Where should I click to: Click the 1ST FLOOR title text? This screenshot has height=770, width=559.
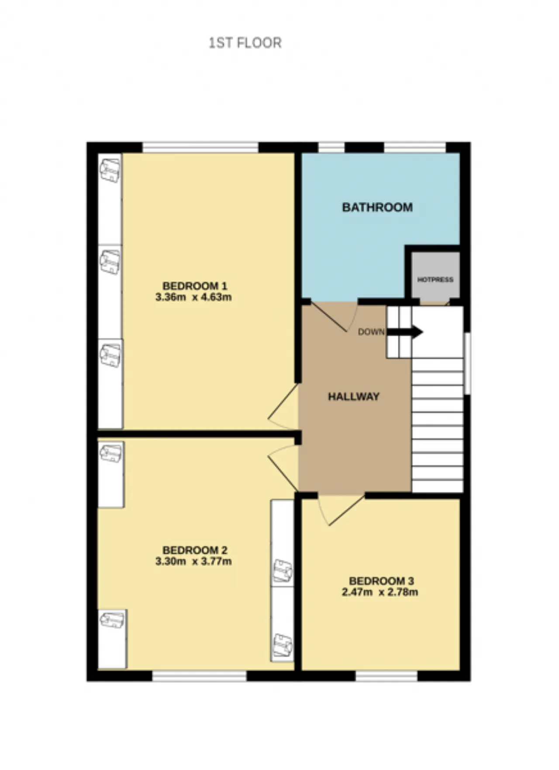tap(245, 43)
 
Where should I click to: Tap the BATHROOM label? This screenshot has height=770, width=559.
tap(377, 207)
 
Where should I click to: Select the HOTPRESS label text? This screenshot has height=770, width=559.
tap(435, 279)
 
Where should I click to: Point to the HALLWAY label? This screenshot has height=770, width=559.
tap(354, 397)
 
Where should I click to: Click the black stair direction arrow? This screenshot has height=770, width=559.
tap(405, 332)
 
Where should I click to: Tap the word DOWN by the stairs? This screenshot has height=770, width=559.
tap(371, 332)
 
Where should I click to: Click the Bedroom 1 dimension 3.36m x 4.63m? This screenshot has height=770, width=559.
tap(193, 297)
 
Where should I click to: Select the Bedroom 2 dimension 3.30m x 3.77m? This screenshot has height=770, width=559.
tap(193, 561)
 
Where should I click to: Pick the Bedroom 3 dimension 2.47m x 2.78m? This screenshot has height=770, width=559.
tap(380, 592)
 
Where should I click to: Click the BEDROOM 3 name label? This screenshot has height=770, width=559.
tap(381, 581)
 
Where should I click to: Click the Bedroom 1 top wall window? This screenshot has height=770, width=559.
tap(200, 147)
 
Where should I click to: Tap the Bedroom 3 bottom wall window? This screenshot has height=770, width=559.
tap(387, 676)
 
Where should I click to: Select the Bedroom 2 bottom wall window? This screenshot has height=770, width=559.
tap(200, 676)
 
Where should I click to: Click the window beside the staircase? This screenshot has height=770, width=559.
tap(467, 363)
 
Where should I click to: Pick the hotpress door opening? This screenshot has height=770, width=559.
tap(435, 302)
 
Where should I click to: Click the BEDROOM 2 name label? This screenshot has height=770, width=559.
tap(195, 550)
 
